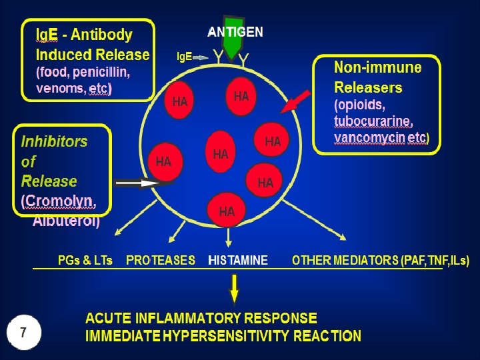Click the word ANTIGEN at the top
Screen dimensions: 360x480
click(235, 31)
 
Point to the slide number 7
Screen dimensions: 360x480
click(24, 332)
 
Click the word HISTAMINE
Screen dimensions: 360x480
click(238, 261)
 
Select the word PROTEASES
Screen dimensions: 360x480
click(161, 261)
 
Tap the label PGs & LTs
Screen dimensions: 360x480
click(85, 261)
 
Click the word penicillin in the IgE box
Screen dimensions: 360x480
click(101, 72)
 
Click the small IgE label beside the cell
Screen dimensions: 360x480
click(184, 57)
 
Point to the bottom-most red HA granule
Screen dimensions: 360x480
click(227, 210)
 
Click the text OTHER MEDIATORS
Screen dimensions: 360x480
click(345, 261)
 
